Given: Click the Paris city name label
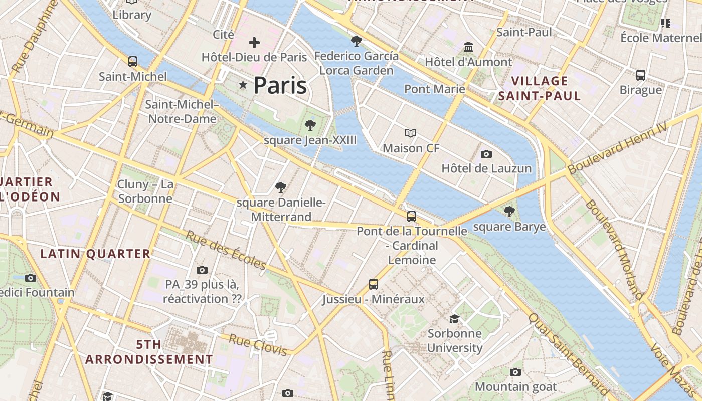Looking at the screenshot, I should (280, 85).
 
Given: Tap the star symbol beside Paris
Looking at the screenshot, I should (243, 85).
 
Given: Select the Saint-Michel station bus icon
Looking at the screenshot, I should (133, 62).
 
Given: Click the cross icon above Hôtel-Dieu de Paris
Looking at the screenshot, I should (254, 43).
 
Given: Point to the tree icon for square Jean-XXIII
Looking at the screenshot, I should (310, 125).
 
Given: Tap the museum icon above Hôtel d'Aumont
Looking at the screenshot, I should (468, 47).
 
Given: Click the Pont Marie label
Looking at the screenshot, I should (434, 89).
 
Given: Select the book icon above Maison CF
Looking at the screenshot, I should (411, 133).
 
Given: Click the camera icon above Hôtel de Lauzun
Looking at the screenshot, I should (486, 154).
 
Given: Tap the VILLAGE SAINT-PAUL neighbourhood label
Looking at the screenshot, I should (540, 88).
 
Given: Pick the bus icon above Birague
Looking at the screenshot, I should (640, 75).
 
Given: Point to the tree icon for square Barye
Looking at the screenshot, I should (509, 212).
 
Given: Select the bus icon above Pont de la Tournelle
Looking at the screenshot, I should (412, 217).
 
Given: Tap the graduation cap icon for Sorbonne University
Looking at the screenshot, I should (454, 319).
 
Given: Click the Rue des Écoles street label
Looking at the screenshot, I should (226, 250).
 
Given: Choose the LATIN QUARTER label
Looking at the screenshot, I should (95, 254).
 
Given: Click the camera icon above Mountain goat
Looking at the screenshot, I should (515, 372).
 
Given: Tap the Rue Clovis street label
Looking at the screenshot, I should (258, 345).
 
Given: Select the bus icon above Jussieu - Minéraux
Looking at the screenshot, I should (374, 284).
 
